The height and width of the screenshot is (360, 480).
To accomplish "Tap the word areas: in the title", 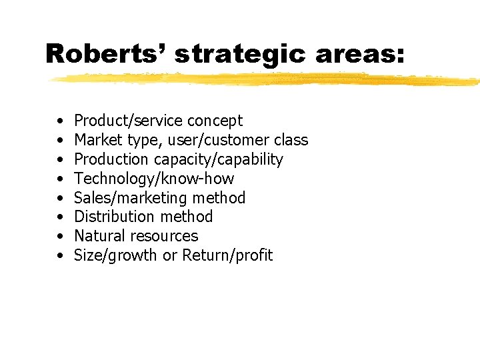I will (359, 54).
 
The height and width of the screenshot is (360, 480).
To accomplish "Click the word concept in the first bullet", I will (215, 121).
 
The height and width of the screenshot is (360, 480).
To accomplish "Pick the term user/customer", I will (219, 140).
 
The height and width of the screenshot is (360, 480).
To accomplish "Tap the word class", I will (291, 140).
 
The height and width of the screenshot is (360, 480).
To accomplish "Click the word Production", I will (111, 159).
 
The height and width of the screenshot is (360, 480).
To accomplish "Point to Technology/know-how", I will (154, 179).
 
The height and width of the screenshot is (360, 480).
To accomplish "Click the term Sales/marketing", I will (131, 198).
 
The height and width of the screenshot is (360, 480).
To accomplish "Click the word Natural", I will (100, 236).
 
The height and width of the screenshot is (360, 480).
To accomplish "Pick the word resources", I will (164, 236).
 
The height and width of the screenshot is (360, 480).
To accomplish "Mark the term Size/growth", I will (116, 255).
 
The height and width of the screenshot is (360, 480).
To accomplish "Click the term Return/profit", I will (227, 255).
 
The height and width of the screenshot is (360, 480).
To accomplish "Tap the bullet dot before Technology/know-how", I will (61, 179).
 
